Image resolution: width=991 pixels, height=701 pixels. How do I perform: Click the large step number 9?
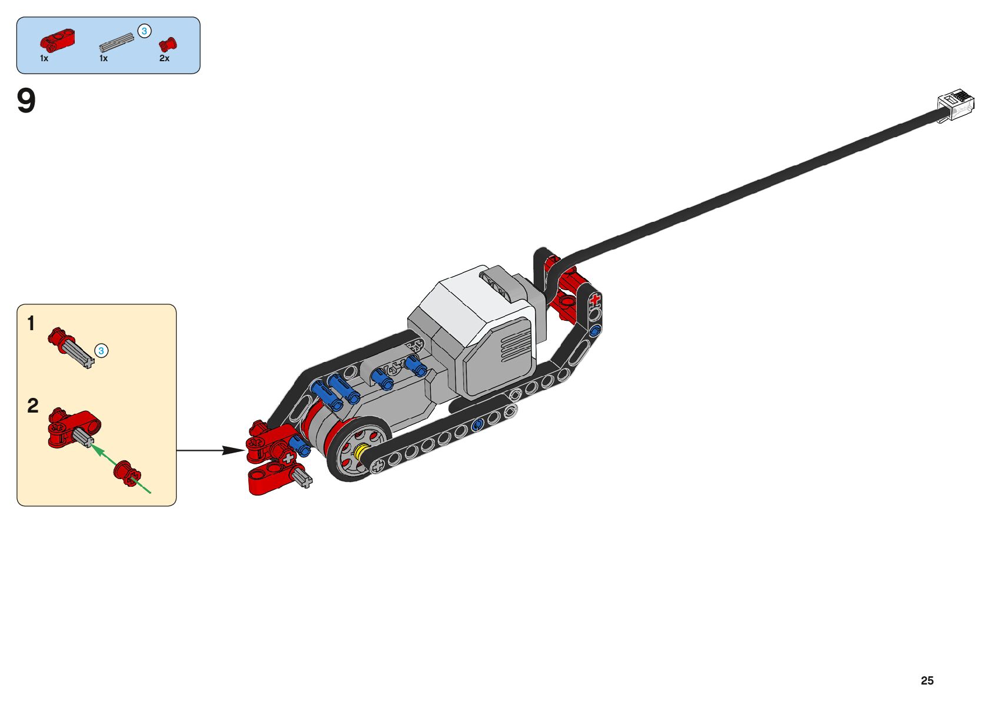(x=26, y=101)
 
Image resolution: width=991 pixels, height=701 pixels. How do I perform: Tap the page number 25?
(x=927, y=680)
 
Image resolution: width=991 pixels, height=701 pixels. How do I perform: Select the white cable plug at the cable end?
(x=957, y=104)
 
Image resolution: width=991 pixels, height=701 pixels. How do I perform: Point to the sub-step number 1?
(x=31, y=323)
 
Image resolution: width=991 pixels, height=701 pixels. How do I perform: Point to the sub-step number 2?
(x=32, y=406)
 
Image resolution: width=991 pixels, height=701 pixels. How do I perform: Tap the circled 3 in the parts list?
(x=144, y=31)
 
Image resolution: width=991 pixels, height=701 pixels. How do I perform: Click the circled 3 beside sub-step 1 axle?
(x=101, y=351)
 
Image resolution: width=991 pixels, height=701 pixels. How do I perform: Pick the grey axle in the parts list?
(x=117, y=42)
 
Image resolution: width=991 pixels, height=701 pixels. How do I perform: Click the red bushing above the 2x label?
(x=168, y=44)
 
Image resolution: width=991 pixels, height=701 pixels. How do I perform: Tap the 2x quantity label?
(x=164, y=58)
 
